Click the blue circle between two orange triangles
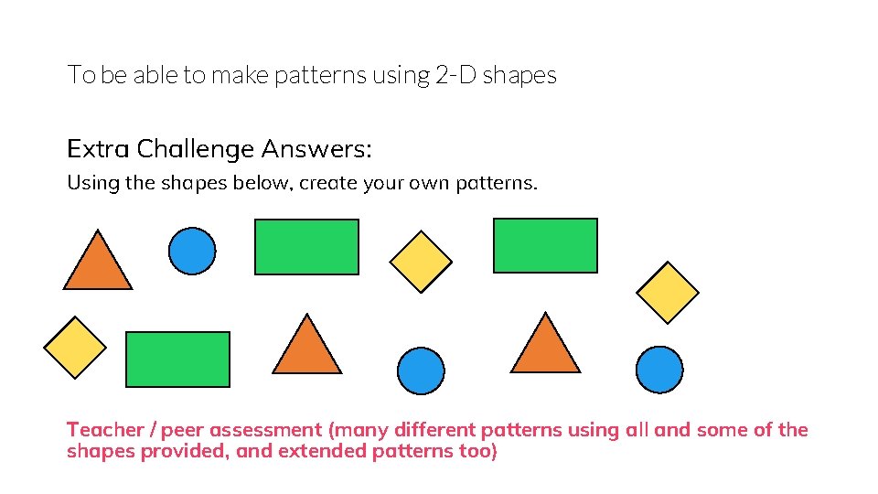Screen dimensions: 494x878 [421, 370]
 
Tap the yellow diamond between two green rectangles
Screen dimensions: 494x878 [421, 261]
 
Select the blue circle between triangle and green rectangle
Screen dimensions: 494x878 [192, 250]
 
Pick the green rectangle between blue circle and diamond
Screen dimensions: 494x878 [306, 247]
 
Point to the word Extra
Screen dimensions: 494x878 [97, 148]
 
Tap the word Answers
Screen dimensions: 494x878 [316, 148]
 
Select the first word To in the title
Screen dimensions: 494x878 [80, 75]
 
